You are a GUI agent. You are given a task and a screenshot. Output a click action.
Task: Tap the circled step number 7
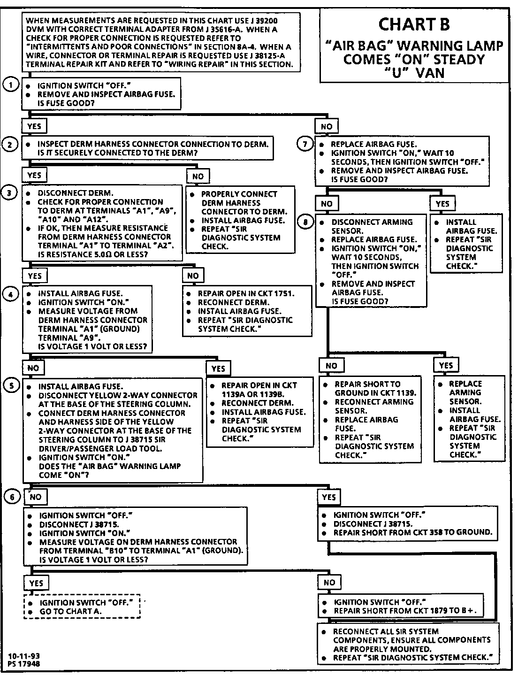[305, 144]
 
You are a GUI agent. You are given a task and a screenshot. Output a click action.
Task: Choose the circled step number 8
[305, 222]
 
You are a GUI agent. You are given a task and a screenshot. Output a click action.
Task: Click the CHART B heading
[414, 24]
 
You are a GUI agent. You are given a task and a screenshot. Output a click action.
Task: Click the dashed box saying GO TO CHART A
[82, 607]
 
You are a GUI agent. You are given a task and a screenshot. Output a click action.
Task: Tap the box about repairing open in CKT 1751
[247, 311]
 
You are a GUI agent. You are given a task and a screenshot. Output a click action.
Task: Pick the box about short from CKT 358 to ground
[407, 523]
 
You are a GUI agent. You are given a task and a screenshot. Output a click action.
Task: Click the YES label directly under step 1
[34, 126]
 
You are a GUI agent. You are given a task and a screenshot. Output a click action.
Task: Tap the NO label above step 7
[327, 126]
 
